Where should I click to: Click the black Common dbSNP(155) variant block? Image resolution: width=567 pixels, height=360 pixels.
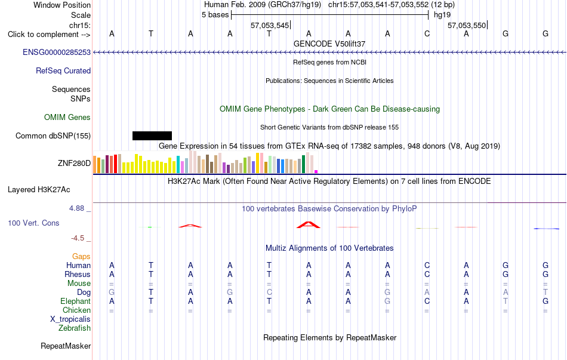(x=152, y=136)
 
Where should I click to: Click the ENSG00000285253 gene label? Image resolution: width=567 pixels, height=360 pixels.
(x=57, y=52)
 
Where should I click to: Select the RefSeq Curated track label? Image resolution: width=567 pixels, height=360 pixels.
(x=63, y=70)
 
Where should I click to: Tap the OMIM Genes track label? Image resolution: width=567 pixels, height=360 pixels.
(x=67, y=117)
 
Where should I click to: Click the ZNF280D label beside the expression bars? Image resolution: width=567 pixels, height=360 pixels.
(x=74, y=163)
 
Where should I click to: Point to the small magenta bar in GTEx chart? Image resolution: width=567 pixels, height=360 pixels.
(x=316, y=171)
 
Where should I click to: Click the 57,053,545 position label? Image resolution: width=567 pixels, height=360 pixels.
(x=270, y=25)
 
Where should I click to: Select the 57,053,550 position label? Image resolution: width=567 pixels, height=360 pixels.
(x=467, y=25)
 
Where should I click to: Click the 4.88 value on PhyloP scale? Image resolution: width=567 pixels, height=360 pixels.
(x=76, y=208)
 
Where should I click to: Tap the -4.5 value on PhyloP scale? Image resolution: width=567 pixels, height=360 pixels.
(x=78, y=238)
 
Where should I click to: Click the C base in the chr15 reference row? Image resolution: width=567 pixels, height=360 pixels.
(x=427, y=33)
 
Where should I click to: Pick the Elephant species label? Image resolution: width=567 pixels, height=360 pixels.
(x=76, y=301)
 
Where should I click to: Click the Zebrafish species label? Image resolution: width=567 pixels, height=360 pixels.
(x=75, y=328)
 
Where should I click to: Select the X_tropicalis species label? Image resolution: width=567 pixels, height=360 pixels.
(x=70, y=319)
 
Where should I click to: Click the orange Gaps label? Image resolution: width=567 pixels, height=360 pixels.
(x=81, y=256)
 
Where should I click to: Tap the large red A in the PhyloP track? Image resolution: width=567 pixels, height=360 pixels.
(x=309, y=224)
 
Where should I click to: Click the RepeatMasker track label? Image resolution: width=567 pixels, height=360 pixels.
(x=66, y=346)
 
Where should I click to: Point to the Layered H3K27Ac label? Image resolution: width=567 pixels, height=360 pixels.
(x=39, y=190)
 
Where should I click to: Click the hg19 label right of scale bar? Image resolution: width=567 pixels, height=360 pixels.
(x=442, y=15)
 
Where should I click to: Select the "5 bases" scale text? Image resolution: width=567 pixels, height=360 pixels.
(x=215, y=15)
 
